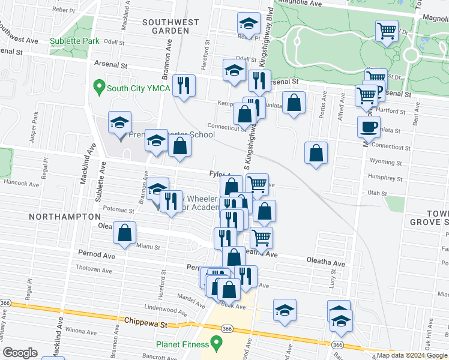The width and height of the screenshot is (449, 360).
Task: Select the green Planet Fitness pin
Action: [x=218, y=344]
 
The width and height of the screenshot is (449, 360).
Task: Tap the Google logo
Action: [x=20, y=353]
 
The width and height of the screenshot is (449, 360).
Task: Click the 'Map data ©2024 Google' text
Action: [x=411, y=355]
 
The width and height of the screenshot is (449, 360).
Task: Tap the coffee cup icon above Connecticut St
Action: [x=369, y=127]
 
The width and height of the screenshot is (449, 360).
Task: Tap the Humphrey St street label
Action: [x=385, y=178]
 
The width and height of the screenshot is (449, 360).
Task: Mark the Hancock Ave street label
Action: [x=21, y=182]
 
